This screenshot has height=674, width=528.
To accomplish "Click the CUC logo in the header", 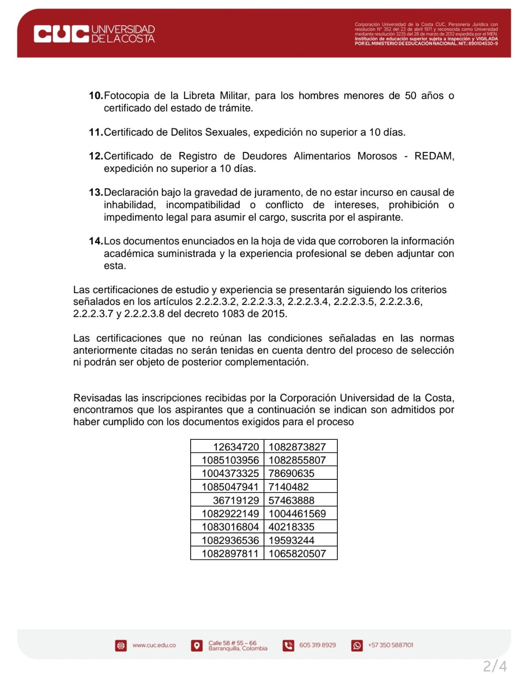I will click(x=62, y=34).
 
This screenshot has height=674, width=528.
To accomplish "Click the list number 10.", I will click(x=96, y=96).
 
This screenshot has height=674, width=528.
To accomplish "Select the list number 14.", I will click(x=96, y=241).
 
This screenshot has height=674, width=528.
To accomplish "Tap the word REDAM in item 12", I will click(x=434, y=156).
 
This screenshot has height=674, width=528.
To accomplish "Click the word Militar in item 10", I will click(x=234, y=96).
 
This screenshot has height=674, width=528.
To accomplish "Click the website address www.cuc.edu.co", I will click(x=154, y=645).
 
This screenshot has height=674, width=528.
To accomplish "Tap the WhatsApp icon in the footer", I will click(x=357, y=645).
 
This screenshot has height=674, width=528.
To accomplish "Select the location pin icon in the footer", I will click(x=197, y=645).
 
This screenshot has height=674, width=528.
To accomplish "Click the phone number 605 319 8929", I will click(x=318, y=645).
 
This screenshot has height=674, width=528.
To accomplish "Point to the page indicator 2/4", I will click(x=495, y=666).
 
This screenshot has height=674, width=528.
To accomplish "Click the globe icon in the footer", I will click(x=121, y=645).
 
